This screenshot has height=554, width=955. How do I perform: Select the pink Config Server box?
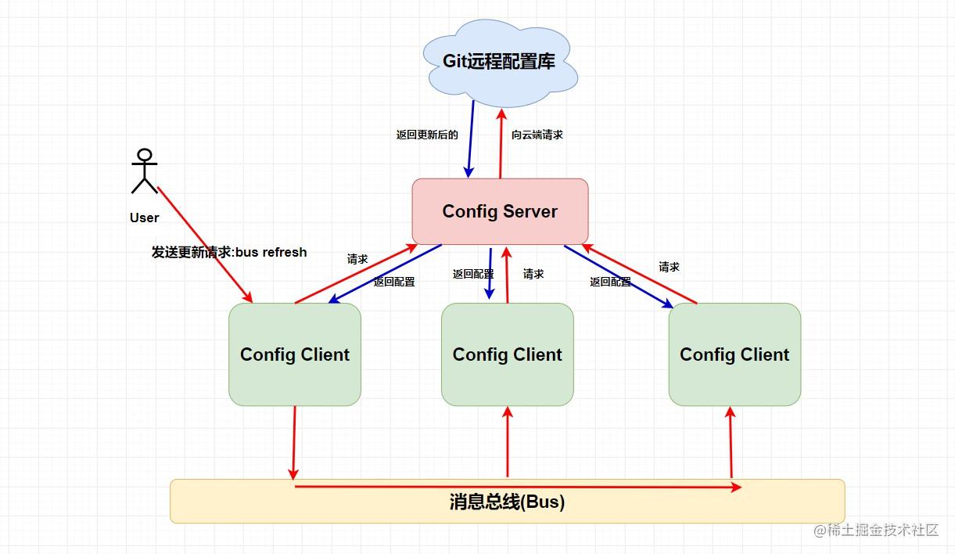click(x=500, y=211)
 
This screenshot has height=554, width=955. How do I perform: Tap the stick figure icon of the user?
click(x=145, y=171)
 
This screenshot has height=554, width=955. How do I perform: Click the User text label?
click(x=144, y=218)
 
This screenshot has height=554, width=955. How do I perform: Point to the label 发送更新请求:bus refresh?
click(x=229, y=252)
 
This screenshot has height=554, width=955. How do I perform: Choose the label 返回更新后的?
click(x=427, y=135)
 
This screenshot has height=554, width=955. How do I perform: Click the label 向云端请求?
click(x=537, y=135)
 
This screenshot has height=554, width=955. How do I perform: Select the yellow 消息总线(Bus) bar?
click(x=508, y=501)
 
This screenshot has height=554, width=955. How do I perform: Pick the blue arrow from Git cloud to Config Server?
click(x=471, y=139)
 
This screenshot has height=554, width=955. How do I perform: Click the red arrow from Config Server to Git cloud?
click(x=501, y=143)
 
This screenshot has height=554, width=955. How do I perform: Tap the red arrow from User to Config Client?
click(x=205, y=245)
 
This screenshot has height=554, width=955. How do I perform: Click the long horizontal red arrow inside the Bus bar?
click(x=518, y=487)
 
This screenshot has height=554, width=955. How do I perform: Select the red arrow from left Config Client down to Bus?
click(x=294, y=443)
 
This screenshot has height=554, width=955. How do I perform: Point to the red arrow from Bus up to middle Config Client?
click(x=508, y=442)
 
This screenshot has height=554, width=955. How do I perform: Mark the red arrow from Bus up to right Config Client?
click(x=731, y=442)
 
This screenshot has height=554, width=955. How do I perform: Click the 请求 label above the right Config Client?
click(x=669, y=267)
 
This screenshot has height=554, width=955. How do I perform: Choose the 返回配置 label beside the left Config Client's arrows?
click(x=394, y=282)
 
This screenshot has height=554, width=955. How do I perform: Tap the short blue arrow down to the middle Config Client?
click(x=490, y=273)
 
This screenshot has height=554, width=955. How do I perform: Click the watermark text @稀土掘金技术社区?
click(x=876, y=530)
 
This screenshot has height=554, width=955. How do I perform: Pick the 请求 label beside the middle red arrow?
click(x=533, y=274)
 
